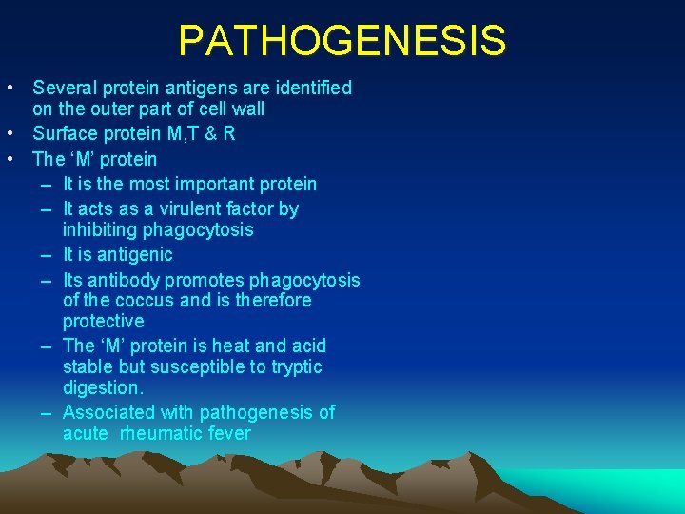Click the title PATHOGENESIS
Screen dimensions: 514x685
coord(342,41)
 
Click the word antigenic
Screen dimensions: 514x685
coord(134,254)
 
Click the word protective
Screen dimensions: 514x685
coord(104,322)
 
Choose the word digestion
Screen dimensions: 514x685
coord(103,388)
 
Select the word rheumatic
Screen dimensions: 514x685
coord(163,434)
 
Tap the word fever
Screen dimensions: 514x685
coord(230,434)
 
